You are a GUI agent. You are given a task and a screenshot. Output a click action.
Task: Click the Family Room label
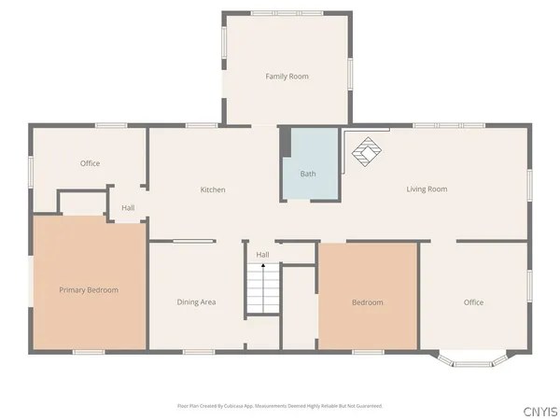click(287, 77)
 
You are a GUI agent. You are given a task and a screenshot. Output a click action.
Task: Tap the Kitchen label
click(213, 190)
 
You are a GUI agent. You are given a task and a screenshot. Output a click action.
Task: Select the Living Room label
click(427, 189)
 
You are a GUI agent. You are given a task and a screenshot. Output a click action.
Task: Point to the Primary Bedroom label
click(89, 290)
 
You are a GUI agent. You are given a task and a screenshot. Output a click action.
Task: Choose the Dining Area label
click(197, 302)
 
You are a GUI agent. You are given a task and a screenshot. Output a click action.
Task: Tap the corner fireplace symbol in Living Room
click(365, 150)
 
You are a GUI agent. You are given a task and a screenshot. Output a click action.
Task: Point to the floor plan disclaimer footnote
click(280, 406)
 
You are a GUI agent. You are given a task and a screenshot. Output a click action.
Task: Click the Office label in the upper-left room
click(90, 164)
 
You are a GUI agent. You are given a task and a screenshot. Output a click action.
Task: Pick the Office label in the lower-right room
click(473, 302)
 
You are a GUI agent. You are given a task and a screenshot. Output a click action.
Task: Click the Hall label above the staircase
click(263, 255)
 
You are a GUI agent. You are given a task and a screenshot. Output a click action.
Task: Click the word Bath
click(308, 175)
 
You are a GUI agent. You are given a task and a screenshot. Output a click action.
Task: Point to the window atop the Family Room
click(287, 12)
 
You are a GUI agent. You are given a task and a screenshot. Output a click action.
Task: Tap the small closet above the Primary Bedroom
click(84, 203)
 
